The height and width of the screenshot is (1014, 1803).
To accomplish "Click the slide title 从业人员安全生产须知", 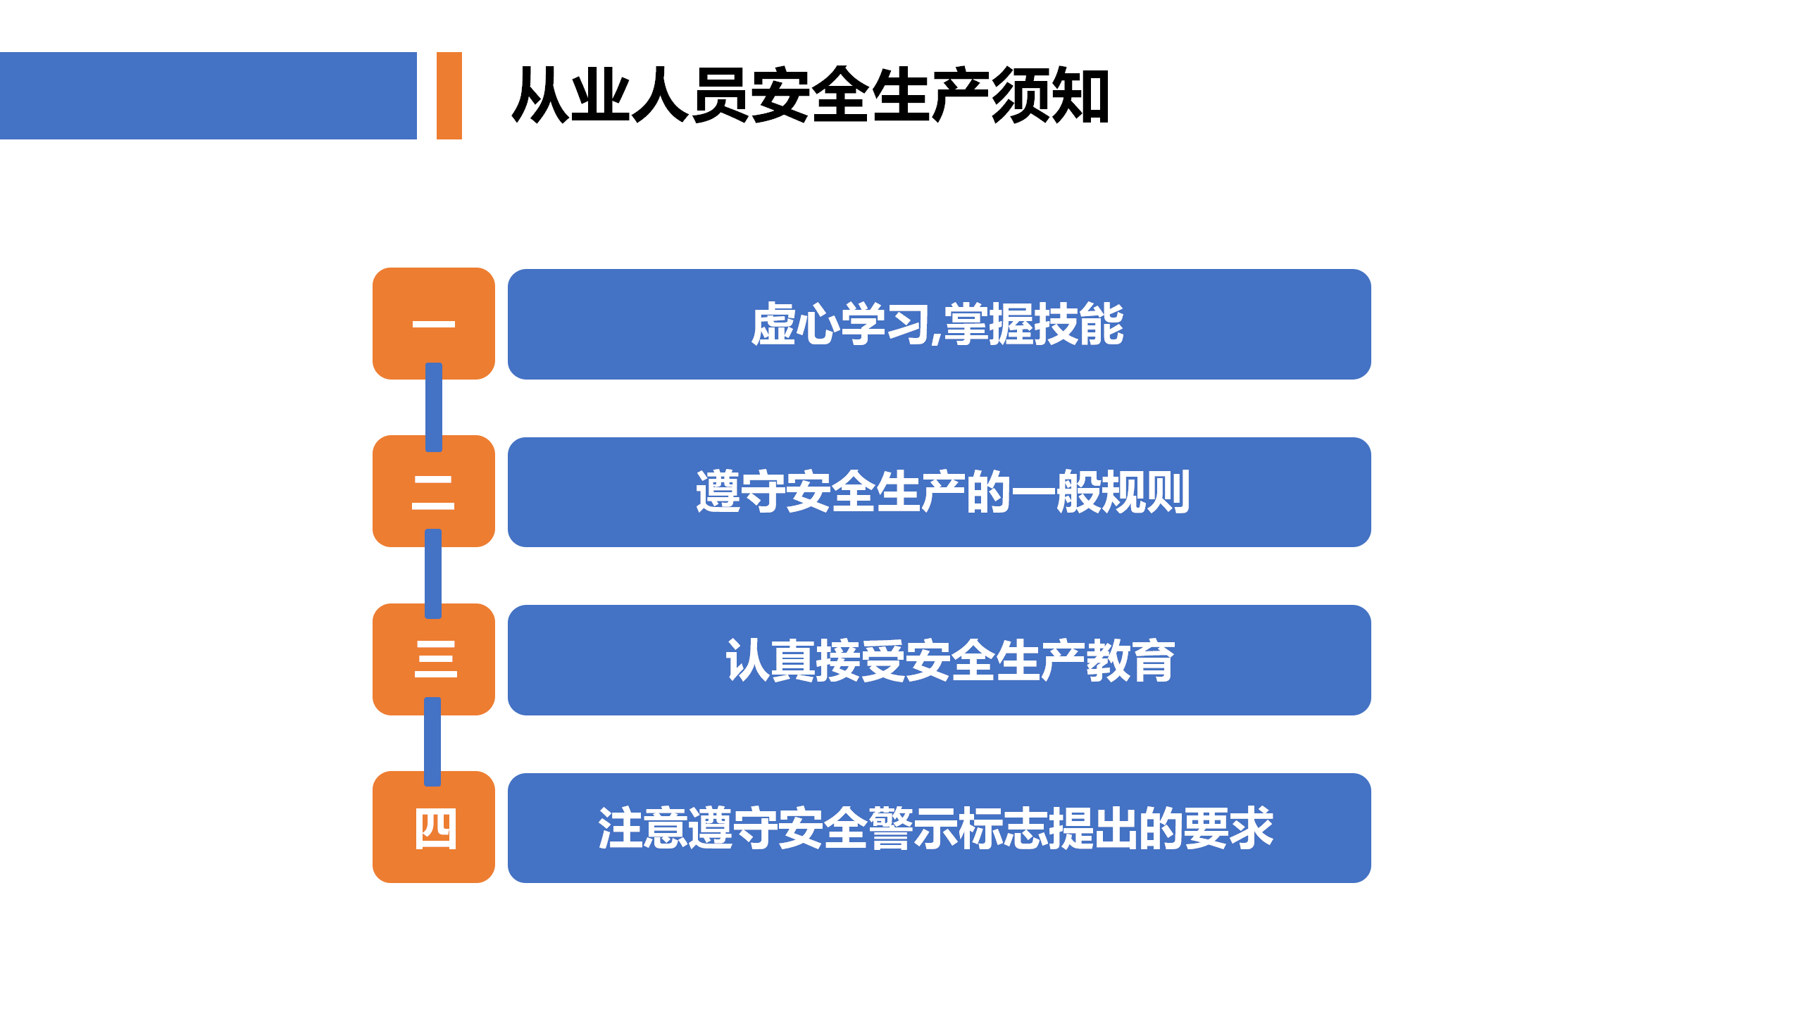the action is (x=811, y=96).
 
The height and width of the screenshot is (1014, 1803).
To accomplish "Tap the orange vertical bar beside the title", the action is (x=449, y=96).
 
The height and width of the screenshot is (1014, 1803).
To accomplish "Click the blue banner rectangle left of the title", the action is (x=208, y=96).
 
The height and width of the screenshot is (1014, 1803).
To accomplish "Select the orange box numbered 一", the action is (x=434, y=323).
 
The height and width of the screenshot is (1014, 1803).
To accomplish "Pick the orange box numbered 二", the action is (x=434, y=491).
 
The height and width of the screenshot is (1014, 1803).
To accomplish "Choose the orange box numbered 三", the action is (x=434, y=659).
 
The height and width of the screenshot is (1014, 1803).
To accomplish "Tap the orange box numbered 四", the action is (x=434, y=827).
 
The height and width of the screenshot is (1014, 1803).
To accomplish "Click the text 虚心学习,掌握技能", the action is (x=937, y=325).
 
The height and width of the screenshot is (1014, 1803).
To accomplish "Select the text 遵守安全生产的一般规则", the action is (x=943, y=492).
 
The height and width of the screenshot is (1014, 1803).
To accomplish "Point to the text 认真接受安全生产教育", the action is (x=950, y=660).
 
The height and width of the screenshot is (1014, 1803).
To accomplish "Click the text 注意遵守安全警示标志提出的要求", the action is (x=936, y=827).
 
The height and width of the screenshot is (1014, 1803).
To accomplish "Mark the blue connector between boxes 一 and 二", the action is (x=434, y=407).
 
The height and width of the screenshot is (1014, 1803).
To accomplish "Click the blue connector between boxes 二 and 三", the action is (x=433, y=574).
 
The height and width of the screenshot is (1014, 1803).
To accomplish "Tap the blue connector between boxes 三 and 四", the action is (x=432, y=741).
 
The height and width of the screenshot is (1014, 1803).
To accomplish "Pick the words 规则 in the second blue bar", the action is (x=1146, y=492).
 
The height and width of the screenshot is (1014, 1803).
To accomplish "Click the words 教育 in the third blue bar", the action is (x=1130, y=660).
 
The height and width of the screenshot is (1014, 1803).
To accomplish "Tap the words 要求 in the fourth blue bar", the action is (x=1229, y=827).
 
